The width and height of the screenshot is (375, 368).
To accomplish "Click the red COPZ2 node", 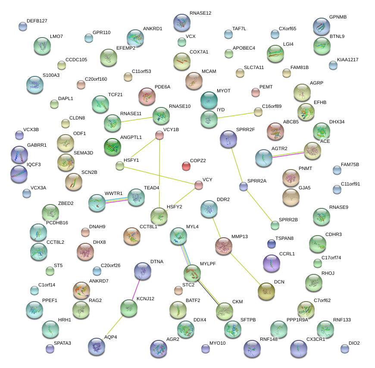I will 186,166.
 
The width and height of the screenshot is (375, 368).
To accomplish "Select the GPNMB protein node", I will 321,26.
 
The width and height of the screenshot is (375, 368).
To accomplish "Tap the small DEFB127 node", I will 23,26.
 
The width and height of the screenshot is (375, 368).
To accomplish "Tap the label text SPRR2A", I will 257,181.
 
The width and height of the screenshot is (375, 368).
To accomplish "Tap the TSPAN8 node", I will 271,244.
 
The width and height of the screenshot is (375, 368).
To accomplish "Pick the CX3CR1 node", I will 299,348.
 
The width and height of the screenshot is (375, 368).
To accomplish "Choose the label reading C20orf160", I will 96,79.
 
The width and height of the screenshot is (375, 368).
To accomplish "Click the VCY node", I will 198,185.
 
